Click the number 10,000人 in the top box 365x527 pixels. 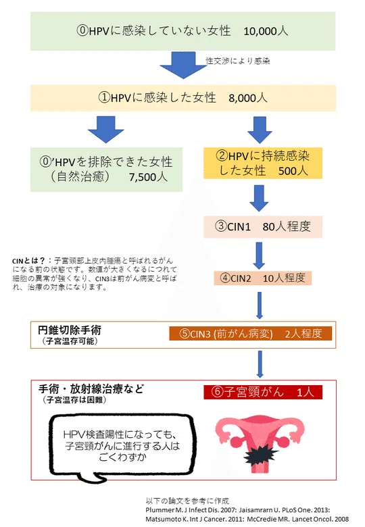[x=266, y=31]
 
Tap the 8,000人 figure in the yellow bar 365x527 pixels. [x=248, y=98]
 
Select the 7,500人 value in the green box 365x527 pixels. [x=148, y=177]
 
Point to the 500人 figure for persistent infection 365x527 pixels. [x=293, y=171]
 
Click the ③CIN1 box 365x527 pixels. [x=263, y=227]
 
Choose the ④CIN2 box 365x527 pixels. [x=263, y=278]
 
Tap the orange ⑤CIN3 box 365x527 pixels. [x=250, y=333]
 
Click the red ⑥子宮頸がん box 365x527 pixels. [x=263, y=393]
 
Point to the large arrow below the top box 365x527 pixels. [x=183, y=65]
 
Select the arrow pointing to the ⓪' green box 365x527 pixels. [x=106, y=130]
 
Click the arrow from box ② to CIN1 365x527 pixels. [x=259, y=198]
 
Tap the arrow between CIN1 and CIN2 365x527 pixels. [x=259, y=255]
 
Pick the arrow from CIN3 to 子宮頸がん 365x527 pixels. [x=260, y=364]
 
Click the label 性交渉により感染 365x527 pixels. [x=238, y=61]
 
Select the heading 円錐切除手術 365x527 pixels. [x=70, y=330]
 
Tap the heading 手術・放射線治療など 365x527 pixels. [x=91, y=389]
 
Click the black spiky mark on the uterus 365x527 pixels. [x=260, y=455]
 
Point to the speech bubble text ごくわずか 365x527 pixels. [x=122, y=457]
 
